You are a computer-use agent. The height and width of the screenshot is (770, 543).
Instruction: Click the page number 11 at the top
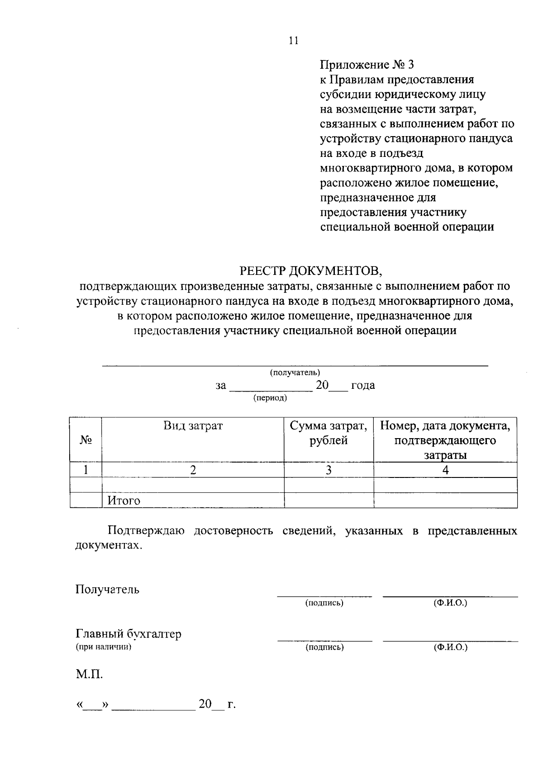click(x=293, y=41)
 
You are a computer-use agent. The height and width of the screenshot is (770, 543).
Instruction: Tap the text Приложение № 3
click(x=367, y=65)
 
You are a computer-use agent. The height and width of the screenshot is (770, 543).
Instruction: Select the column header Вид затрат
click(x=193, y=426)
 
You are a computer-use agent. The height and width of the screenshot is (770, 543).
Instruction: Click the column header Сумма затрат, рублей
click(x=329, y=433)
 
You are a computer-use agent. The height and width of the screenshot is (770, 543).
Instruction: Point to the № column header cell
click(x=86, y=439)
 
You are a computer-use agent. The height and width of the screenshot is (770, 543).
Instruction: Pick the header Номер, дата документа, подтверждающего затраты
click(x=445, y=440)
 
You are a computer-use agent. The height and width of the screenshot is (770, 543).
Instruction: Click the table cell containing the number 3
click(x=329, y=470)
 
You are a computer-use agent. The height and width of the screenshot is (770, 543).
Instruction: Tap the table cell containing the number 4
click(x=445, y=470)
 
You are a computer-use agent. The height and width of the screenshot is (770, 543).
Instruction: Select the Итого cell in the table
click(x=124, y=501)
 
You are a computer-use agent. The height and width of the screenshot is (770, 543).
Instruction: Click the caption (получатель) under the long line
click(x=295, y=373)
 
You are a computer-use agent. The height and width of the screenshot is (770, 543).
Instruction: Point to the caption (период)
click(x=270, y=398)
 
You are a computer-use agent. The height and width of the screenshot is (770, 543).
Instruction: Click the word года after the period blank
click(x=363, y=386)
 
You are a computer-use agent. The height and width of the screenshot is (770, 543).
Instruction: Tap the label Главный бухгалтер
click(x=129, y=634)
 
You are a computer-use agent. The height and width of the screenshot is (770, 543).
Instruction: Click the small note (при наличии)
click(x=104, y=647)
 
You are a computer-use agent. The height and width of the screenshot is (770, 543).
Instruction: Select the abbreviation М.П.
click(x=89, y=675)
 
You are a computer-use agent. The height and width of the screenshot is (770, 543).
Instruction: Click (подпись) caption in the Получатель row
click(x=324, y=603)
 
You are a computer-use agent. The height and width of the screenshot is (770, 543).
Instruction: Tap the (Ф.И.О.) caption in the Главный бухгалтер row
click(x=450, y=647)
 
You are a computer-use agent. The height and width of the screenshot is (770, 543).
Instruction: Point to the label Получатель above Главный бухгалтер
click(x=108, y=590)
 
